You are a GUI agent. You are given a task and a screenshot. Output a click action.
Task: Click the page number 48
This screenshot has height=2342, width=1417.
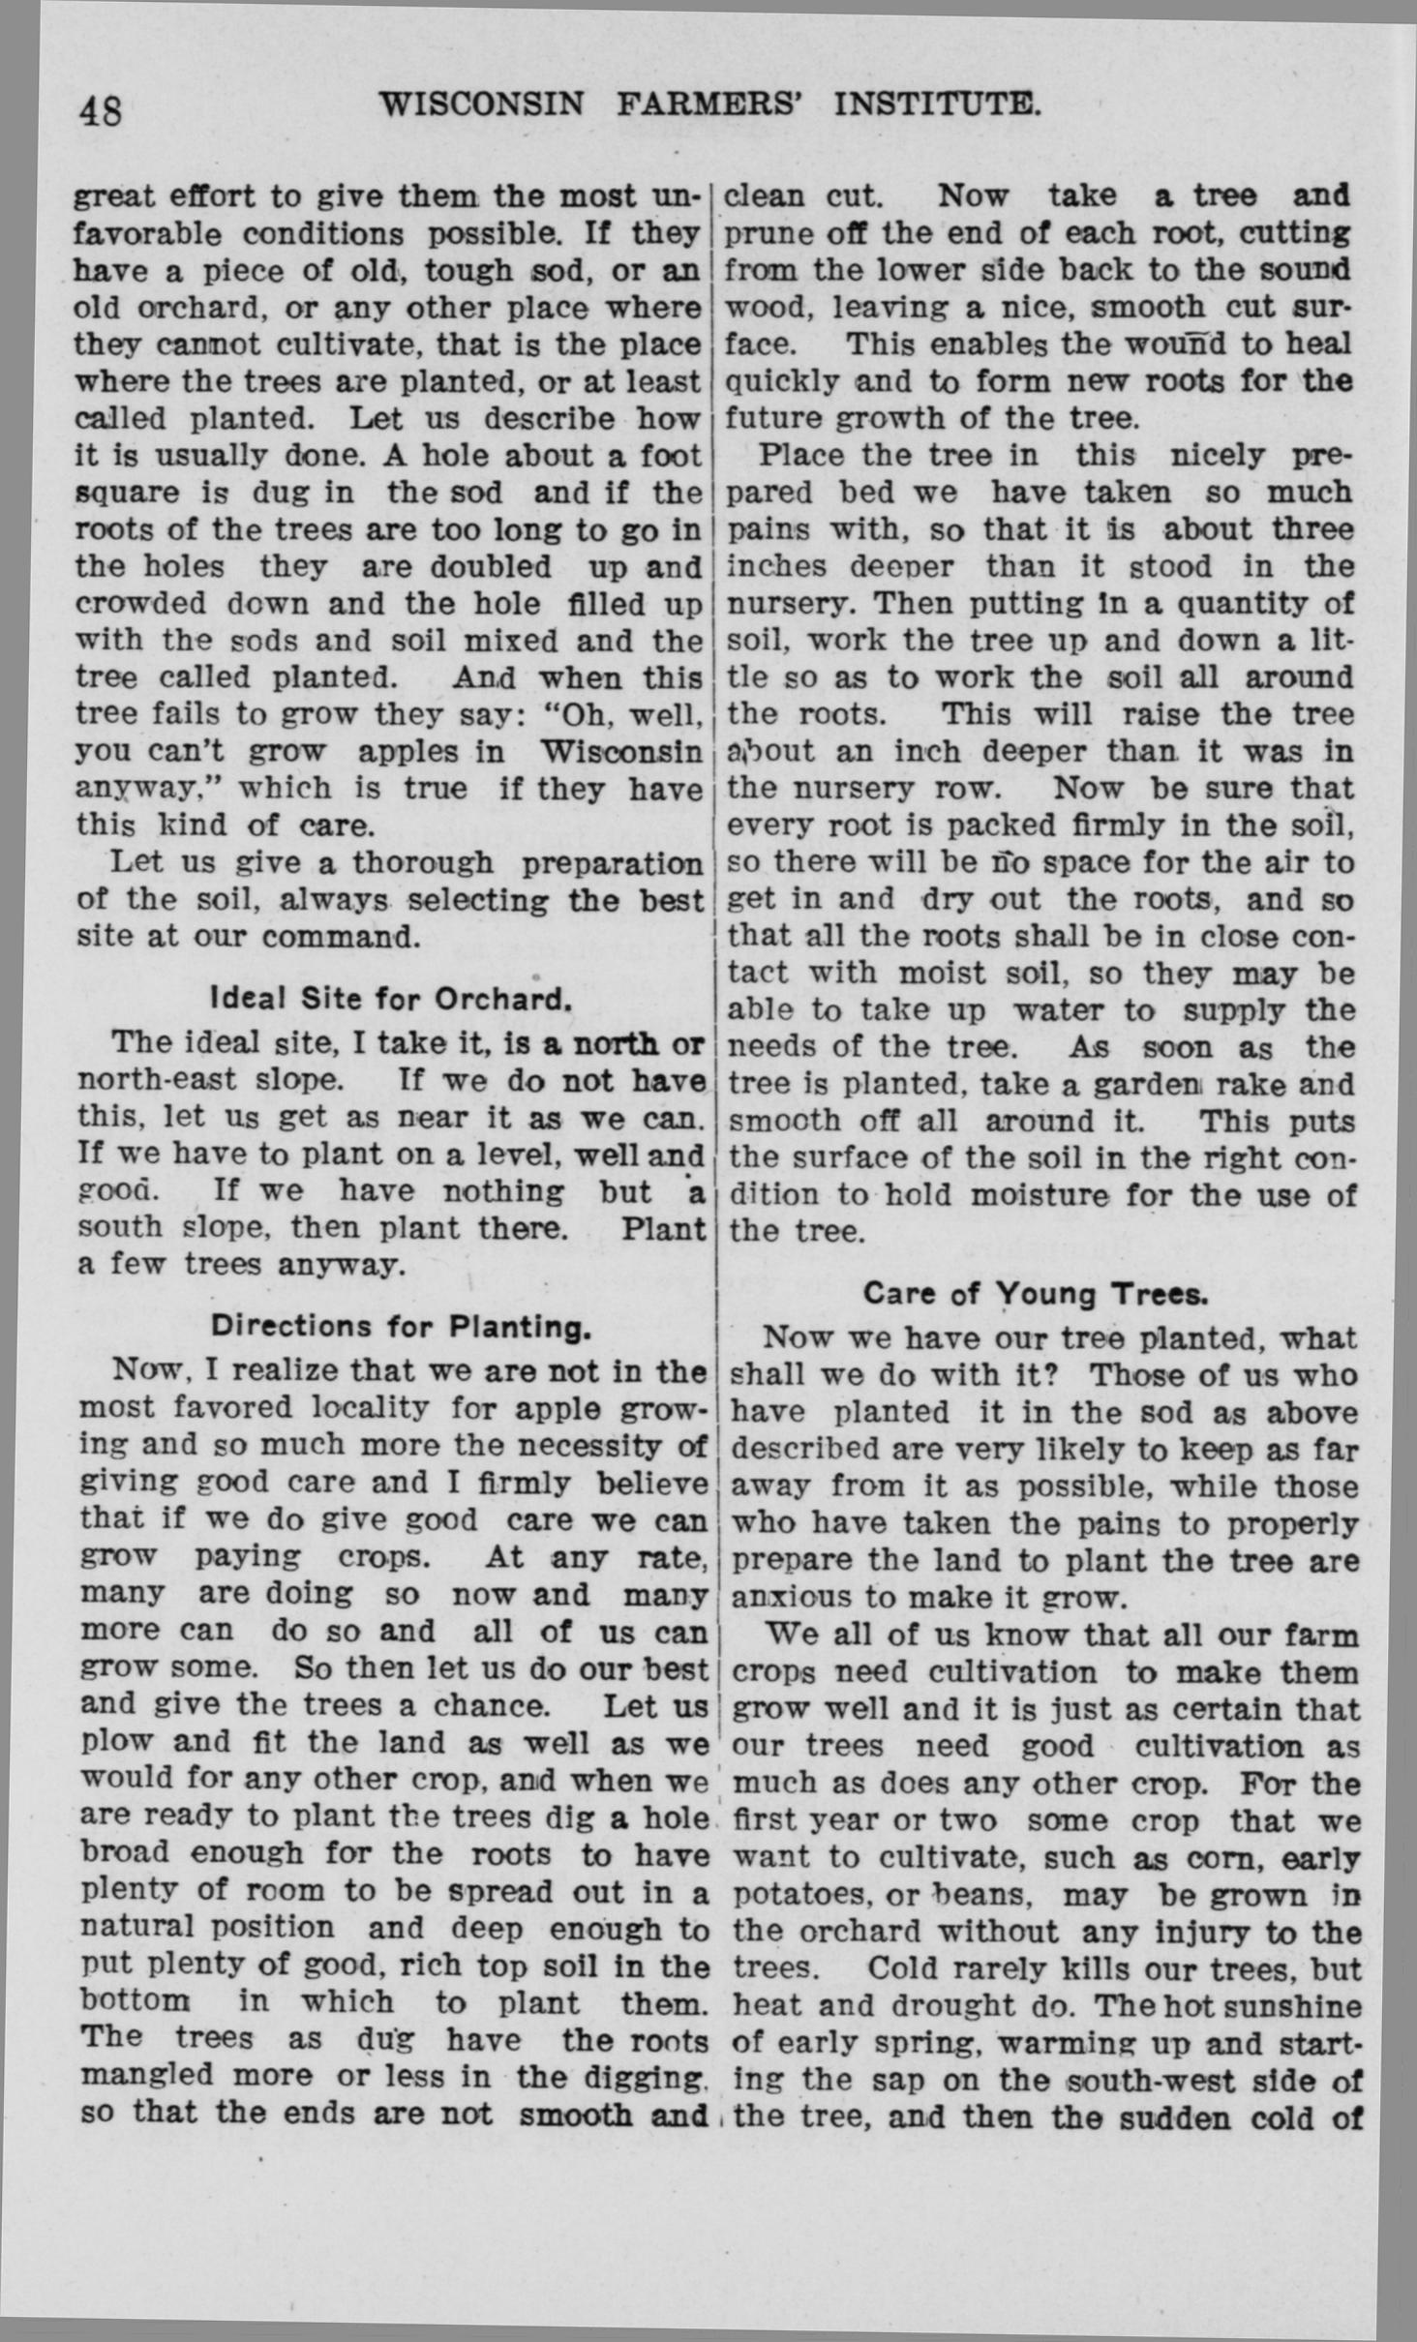[x=101, y=111]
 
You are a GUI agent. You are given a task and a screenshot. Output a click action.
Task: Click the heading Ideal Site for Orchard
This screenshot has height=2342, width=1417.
[x=391, y=999]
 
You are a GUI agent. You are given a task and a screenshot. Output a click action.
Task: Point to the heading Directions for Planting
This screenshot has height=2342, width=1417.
[x=401, y=1327]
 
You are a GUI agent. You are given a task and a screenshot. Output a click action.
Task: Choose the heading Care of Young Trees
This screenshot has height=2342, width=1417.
[x=1036, y=1294]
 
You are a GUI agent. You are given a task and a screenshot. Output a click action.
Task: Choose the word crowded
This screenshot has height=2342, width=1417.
[x=141, y=604]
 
